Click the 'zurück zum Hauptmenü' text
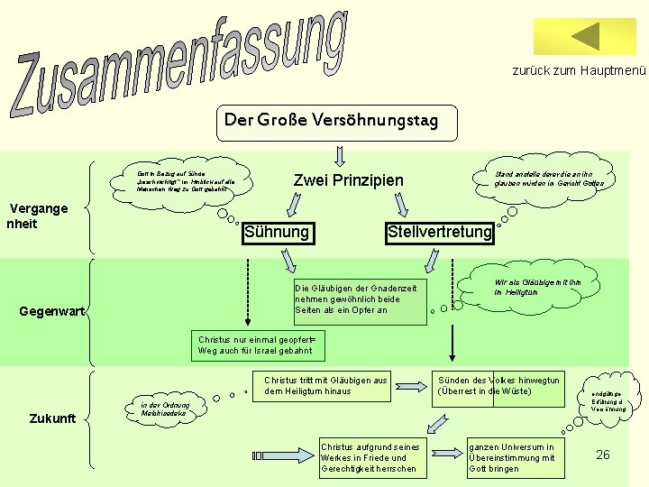point(579,70)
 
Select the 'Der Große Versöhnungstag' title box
point(330,120)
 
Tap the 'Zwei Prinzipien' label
point(349,180)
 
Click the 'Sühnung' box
point(278,233)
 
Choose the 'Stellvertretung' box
point(439,233)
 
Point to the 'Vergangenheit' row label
point(37,216)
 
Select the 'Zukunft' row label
point(53,418)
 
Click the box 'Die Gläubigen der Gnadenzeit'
point(359,299)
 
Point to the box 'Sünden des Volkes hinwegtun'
point(500,386)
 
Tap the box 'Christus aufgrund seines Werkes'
point(369,457)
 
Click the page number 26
point(603,455)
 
